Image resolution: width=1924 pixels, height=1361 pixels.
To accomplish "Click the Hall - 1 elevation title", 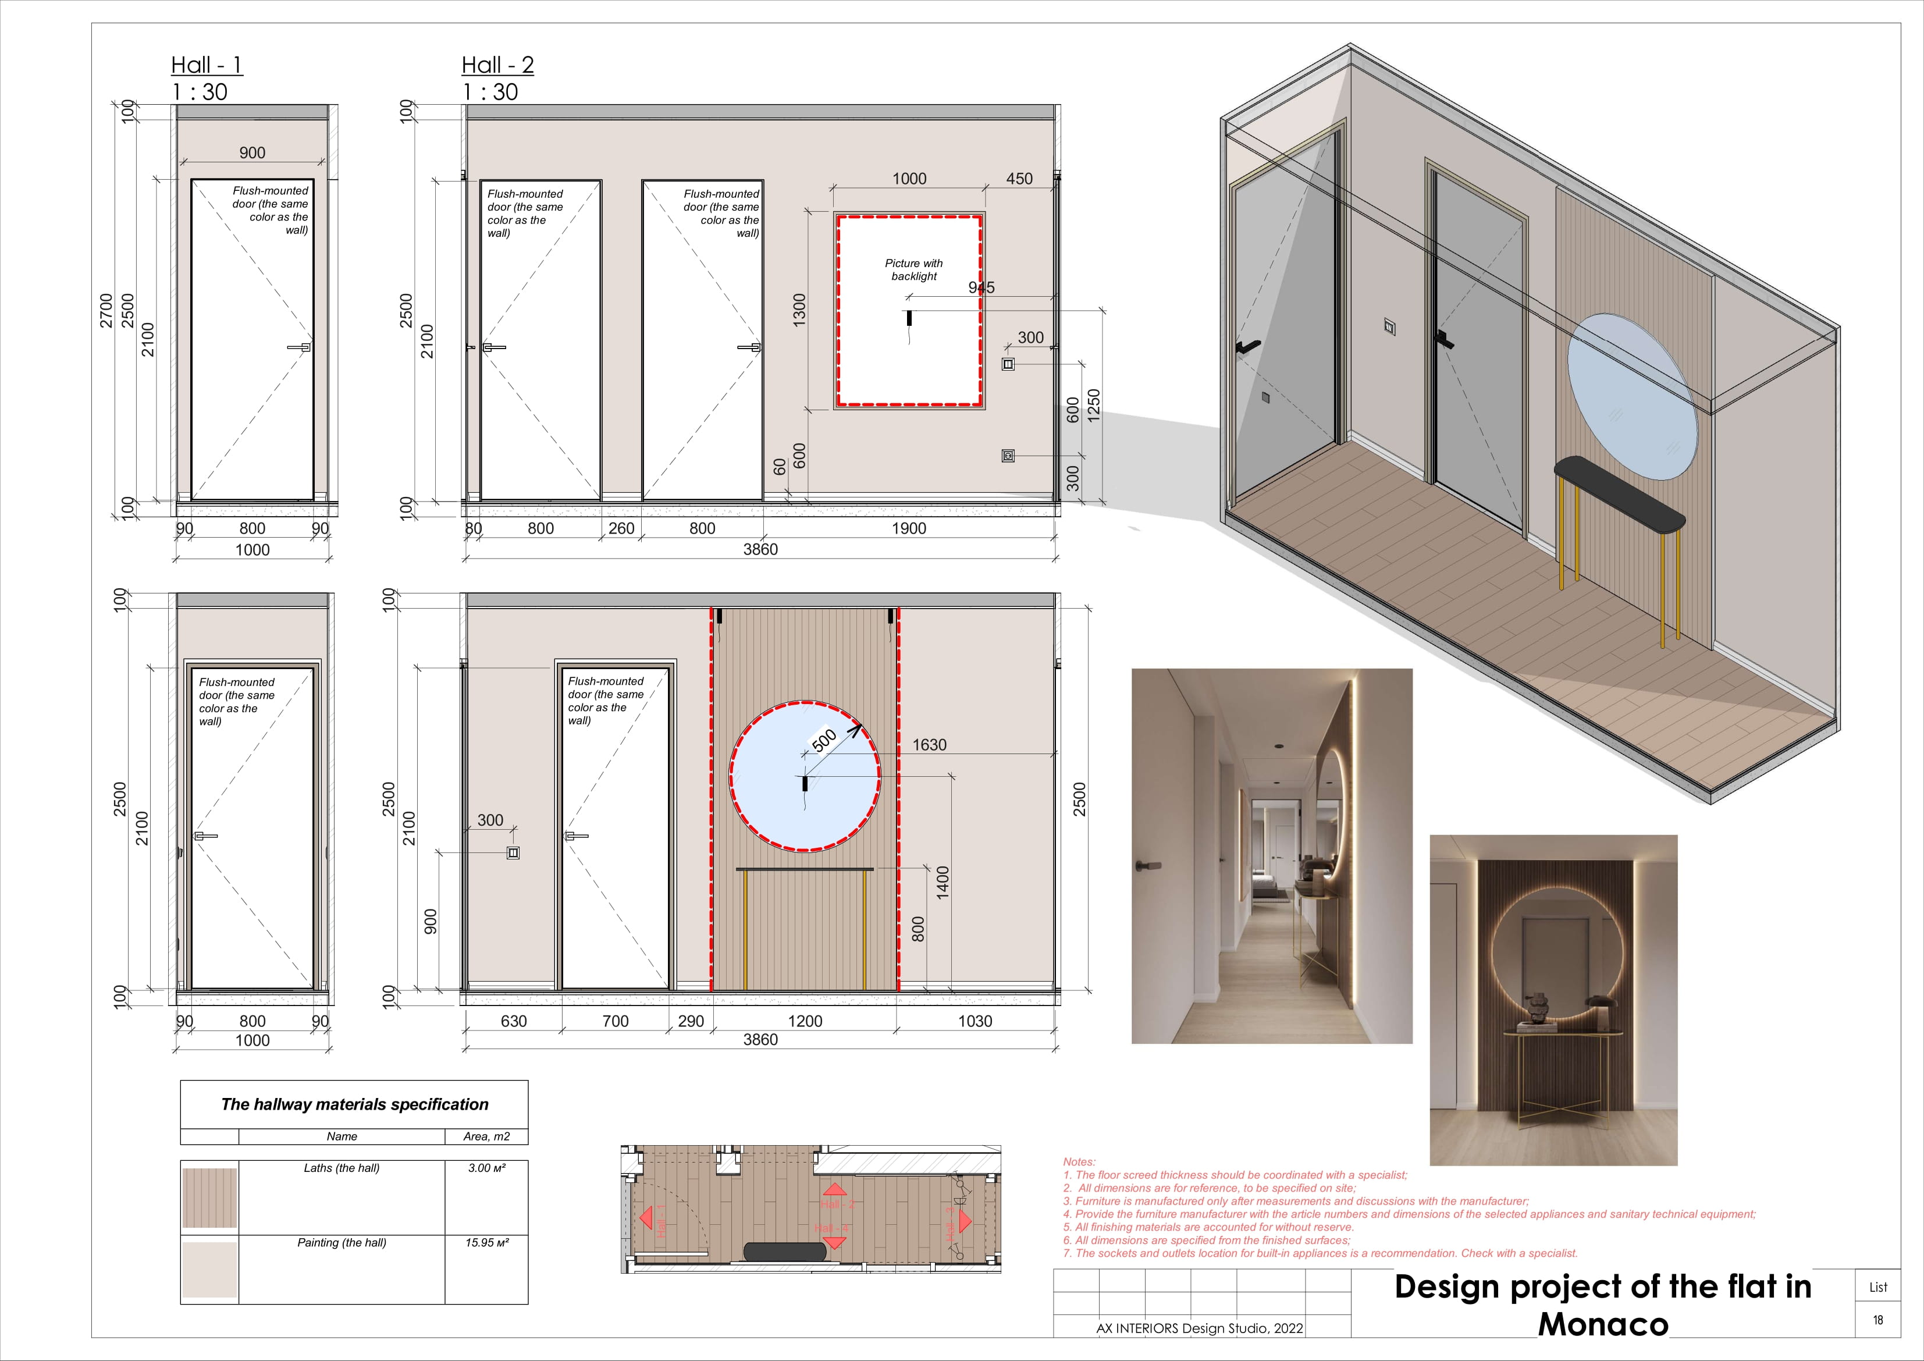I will (206, 65).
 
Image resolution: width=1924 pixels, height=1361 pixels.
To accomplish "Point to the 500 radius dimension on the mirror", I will (824, 740).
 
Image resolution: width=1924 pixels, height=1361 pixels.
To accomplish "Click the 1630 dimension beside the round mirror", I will (929, 744).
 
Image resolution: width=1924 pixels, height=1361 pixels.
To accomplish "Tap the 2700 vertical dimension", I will (106, 310).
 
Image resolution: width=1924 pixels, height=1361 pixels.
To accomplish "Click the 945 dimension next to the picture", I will (981, 287).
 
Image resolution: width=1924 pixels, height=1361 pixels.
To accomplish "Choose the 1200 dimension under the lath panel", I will (805, 1021).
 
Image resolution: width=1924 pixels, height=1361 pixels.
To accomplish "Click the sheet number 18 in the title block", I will (1878, 1320).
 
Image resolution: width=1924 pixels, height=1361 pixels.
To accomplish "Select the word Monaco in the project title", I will (1602, 1324).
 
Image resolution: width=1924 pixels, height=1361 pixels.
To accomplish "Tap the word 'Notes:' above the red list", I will (1079, 1161).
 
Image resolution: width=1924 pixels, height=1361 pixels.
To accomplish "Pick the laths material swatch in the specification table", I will (209, 1197).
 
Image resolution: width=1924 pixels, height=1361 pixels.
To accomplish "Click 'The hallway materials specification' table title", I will (354, 1104).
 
